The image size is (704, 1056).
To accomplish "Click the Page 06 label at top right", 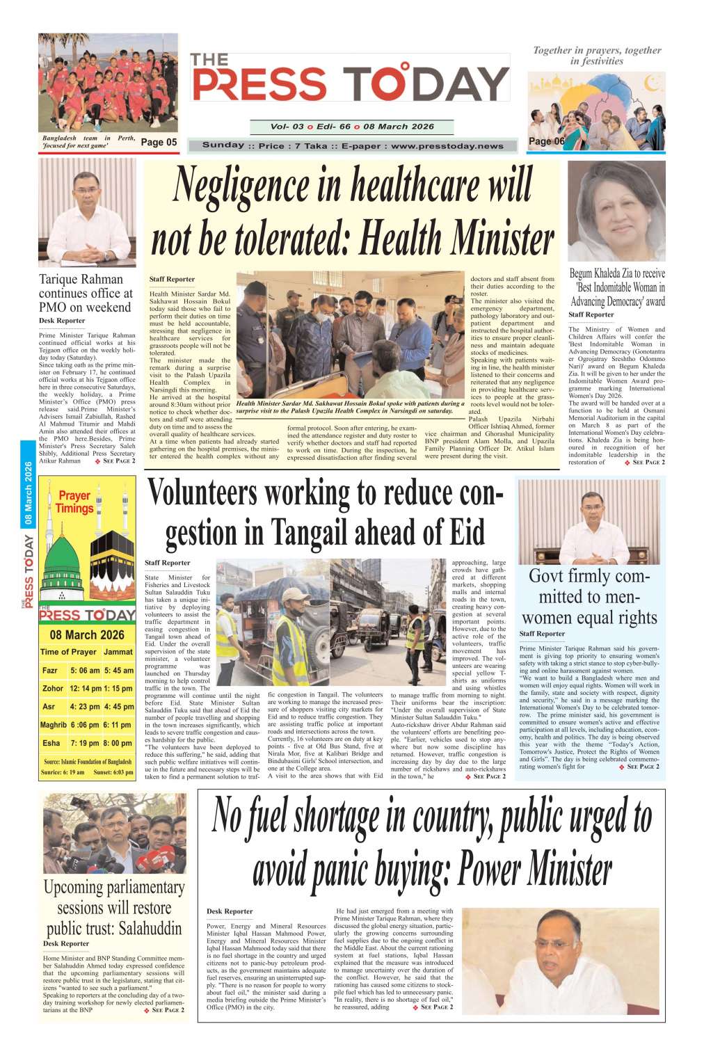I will point(547,141).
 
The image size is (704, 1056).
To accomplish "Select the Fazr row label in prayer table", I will point(50,671).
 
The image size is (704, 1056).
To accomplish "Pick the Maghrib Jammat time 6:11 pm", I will point(118,725).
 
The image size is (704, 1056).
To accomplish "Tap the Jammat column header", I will point(118,652).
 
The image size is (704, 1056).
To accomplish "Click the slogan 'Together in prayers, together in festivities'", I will point(596,56).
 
